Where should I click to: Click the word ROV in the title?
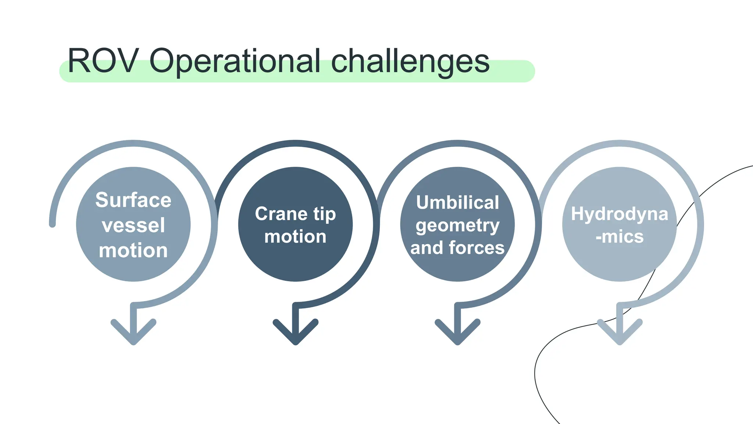pos(103,61)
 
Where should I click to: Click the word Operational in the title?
pos(235,61)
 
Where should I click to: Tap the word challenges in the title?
pos(410,61)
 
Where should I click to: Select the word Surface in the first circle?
pos(133,200)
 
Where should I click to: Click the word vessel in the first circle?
pos(133,225)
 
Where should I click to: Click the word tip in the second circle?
pos(325,214)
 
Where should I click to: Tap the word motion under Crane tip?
pos(295,237)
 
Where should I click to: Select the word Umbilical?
pos(457,202)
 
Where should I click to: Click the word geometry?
pos(457,226)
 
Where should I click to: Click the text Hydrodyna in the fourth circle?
pos(620,214)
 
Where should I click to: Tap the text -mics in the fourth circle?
pos(620,237)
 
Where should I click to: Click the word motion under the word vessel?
pos(133,251)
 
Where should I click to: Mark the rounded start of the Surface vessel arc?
pos(53,224)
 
